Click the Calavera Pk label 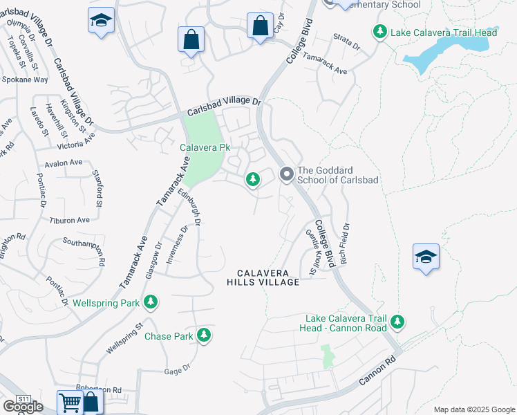click(205, 147)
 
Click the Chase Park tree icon click(203, 336)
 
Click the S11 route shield click(24, 399)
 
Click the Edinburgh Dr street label click(189, 209)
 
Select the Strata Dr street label click(346, 44)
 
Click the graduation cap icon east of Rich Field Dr click(425, 257)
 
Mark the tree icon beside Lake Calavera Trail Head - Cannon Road click(397, 321)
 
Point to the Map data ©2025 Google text click(474, 409)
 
